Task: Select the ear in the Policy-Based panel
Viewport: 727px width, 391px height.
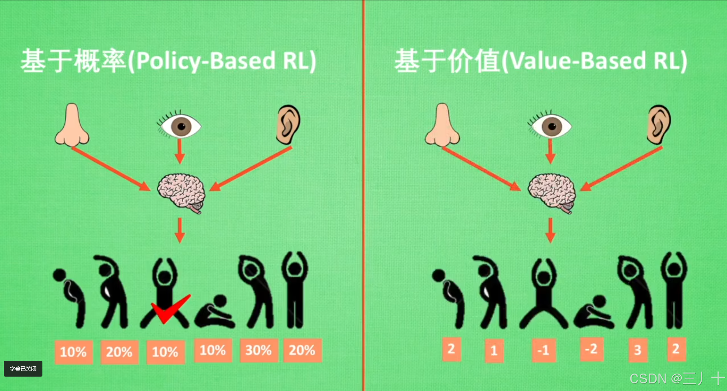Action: pos(288,125)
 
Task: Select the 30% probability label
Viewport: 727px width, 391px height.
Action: pos(259,350)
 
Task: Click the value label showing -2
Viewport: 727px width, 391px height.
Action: pos(591,349)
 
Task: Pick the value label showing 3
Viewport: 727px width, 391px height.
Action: pos(638,350)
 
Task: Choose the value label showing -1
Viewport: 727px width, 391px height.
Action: pos(543,350)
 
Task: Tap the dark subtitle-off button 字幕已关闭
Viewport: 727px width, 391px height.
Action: pos(23,369)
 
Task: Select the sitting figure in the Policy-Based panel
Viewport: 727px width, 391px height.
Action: pos(215,313)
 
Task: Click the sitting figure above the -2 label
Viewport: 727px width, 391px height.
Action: pos(593,313)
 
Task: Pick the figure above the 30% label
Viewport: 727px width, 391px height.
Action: pos(257,292)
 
